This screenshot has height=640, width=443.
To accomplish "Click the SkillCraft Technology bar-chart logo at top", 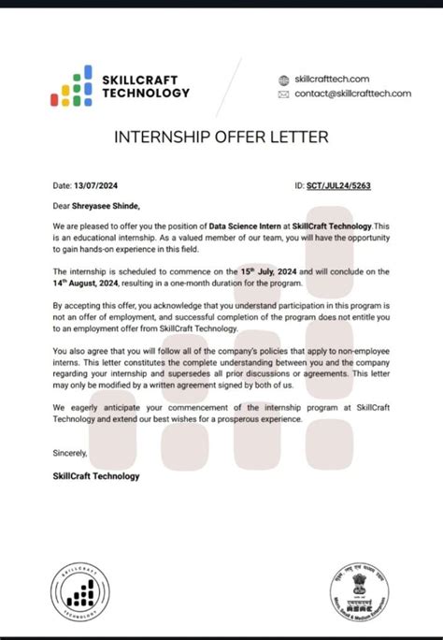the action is coord(71,85).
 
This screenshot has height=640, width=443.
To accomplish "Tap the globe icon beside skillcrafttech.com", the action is coord(285,80).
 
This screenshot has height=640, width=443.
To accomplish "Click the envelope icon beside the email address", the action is coord(285,95).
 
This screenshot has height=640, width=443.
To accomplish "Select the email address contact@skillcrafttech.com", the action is coord(352,94).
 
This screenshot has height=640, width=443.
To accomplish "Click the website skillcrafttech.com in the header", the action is coord(332,80).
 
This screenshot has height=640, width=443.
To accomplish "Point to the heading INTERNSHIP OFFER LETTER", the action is coord(221,138).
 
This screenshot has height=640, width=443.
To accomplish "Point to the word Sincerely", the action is coord(71,454).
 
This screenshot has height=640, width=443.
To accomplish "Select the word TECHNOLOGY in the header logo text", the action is coord(149,93).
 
